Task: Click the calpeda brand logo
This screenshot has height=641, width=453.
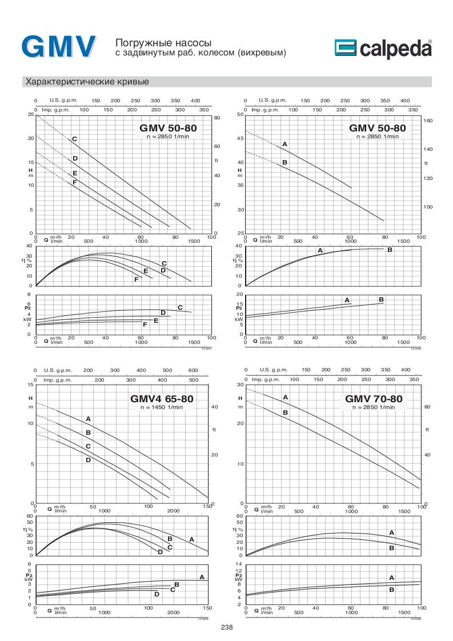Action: (383, 49)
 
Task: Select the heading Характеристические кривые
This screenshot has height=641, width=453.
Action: (87, 82)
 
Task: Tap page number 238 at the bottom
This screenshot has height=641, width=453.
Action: (227, 627)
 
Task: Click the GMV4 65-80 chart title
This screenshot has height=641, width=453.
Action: (163, 399)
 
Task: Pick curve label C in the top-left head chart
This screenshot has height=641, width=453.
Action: (74, 139)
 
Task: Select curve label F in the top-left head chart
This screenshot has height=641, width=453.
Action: (74, 182)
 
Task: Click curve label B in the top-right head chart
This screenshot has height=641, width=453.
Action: (284, 163)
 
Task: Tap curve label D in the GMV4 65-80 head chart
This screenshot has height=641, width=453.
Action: (88, 459)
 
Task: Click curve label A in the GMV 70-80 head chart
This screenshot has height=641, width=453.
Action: (285, 397)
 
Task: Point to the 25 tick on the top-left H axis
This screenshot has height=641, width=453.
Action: (30, 114)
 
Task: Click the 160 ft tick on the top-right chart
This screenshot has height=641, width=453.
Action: (428, 121)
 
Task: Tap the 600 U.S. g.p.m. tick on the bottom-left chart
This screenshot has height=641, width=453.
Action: (193, 371)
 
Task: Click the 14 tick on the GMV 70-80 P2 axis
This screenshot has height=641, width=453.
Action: (239, 564)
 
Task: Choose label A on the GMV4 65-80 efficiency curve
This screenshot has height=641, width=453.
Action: (192, 539)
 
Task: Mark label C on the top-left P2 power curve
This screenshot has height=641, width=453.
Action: (180, 307)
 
